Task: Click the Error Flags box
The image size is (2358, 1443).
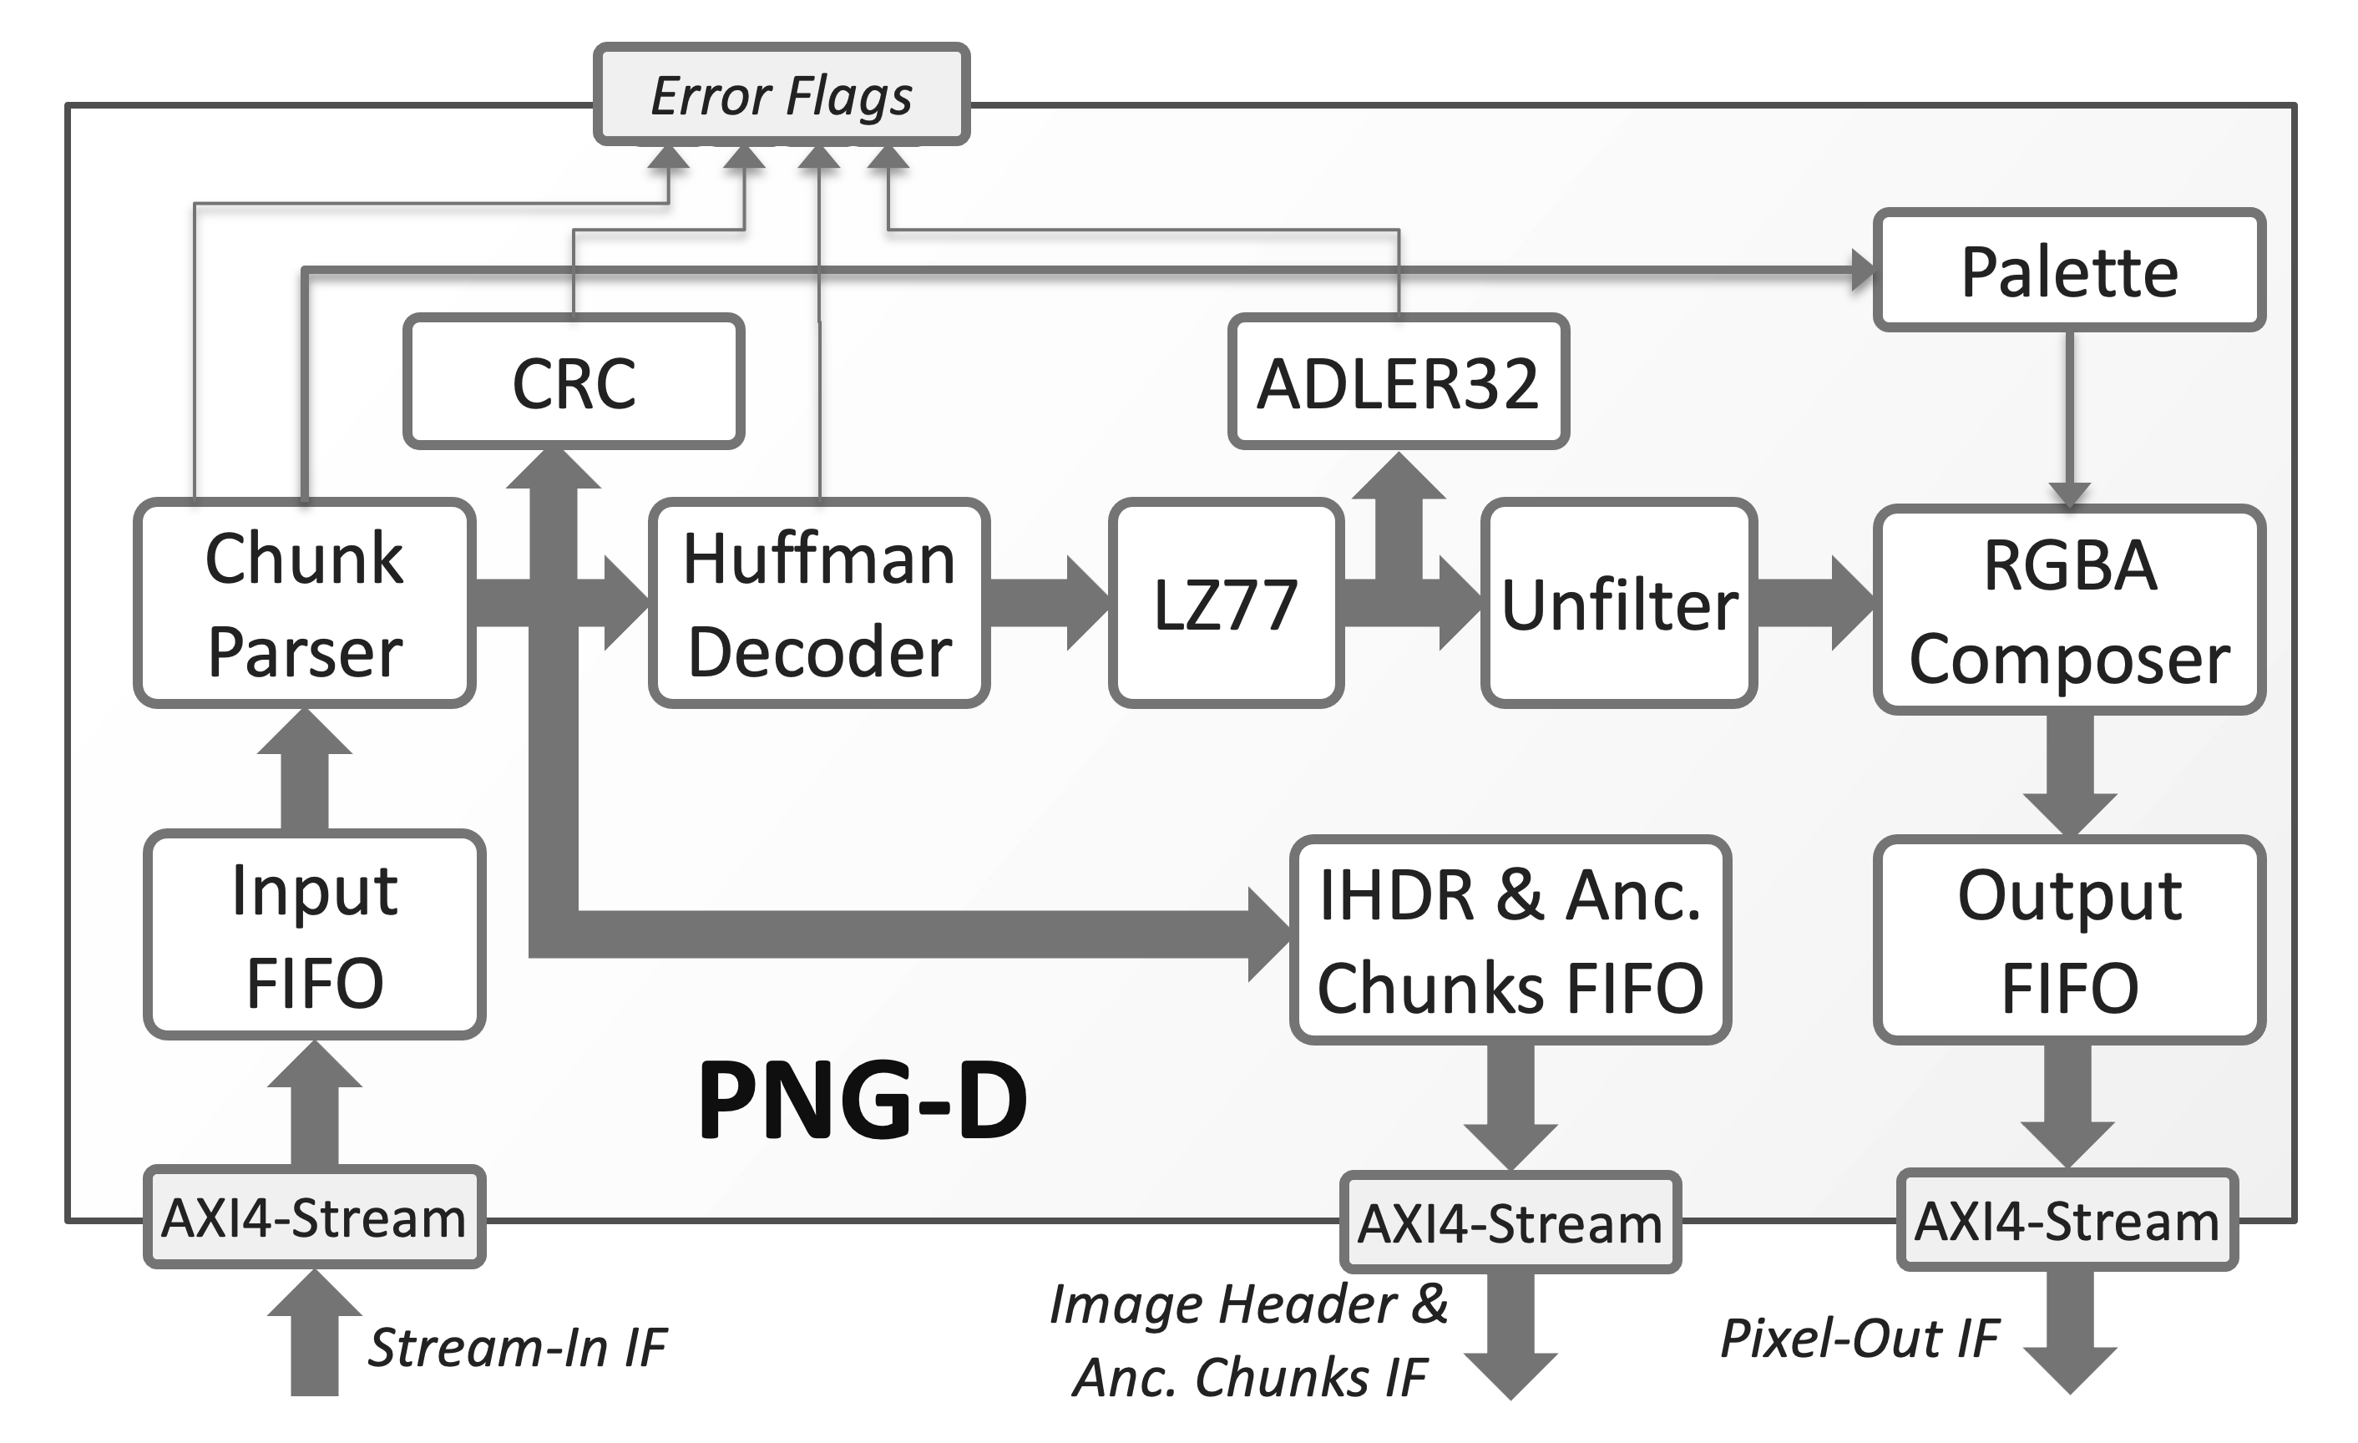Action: pyautogui.click(x=781, y=94)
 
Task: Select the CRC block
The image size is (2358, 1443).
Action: pyautogui.click(x=574, y=382)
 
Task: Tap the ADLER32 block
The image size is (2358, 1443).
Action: pyautogui.click(x=1397, y=382)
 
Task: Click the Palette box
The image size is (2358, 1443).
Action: pyautogui.click(x=2068, y=271)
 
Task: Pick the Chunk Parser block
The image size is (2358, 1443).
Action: pyautogui.click(x=304, y=604)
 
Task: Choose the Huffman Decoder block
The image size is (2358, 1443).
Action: pyautogui.click(x=818, y=604)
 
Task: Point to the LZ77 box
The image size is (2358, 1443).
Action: pyautogui.click(x=1225, y=604)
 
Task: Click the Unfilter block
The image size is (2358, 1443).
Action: pyautogui.click(x=1618, y=604)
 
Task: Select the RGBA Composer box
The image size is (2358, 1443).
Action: pyautogui.click(x=2068, y=610)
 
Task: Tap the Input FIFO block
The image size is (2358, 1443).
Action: pyautogui.click(x=314, y=935)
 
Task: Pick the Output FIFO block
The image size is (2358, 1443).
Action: pyautogui.click(x=2068, y=939)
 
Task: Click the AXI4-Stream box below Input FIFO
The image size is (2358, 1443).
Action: pyautogui.click(x=314, y=1218)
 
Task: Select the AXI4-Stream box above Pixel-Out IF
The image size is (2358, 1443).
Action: pyautogui.click(x=2066, y=1220)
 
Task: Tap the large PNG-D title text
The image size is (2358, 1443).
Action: pyautogui.click(x=861, y=1101)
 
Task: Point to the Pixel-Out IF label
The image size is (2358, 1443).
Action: pyautogui.click(x=1859, y=1338)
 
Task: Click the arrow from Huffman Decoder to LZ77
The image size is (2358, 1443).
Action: pyautogui.click(x=1048, y=604)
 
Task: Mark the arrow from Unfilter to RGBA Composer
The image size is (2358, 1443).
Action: pyautogui.click(x=1812, y=604)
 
